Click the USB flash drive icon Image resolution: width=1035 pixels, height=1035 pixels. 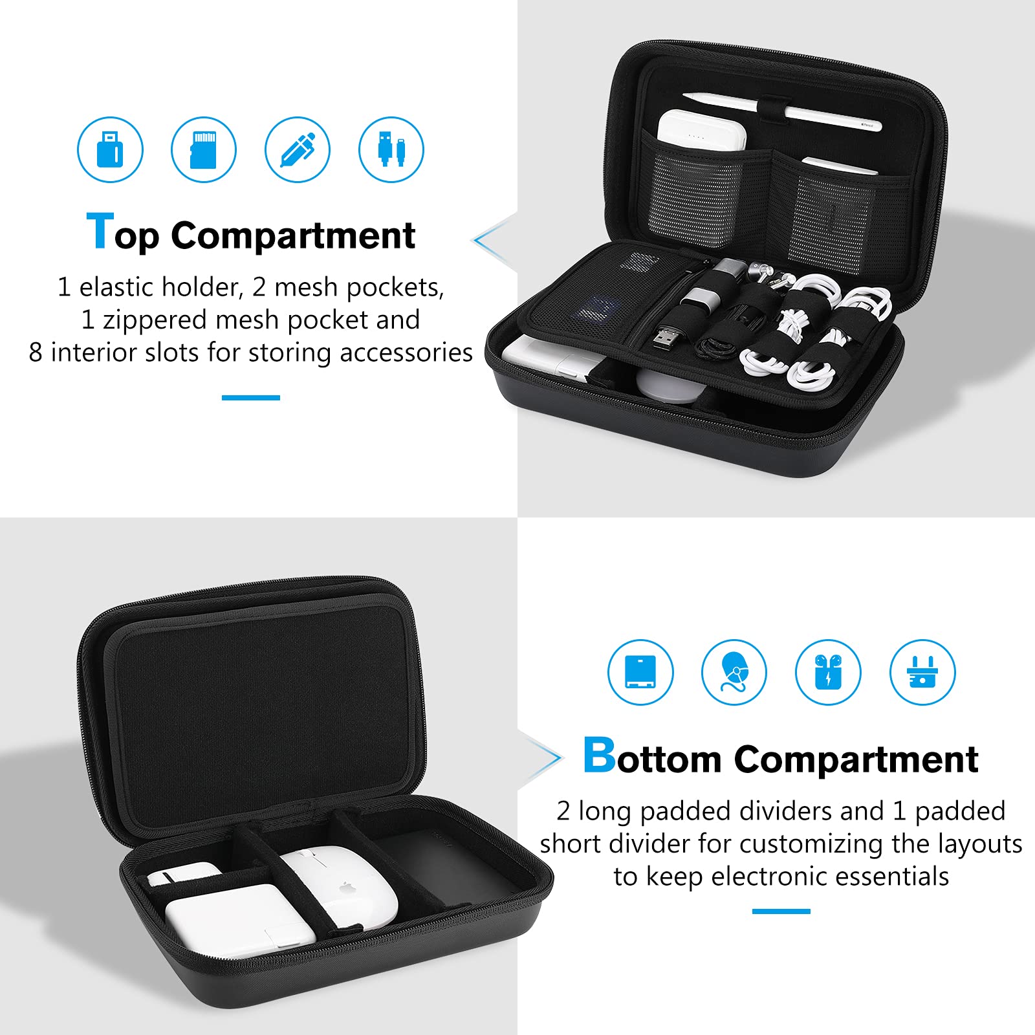coord(110,149)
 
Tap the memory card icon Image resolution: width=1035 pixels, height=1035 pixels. coord(204,149)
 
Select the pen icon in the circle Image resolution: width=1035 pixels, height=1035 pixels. coord(298,149)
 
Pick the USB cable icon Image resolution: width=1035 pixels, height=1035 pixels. coord(391,149)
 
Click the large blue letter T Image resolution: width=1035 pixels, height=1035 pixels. coord(100,231)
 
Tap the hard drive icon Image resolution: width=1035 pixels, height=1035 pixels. coord(640,672)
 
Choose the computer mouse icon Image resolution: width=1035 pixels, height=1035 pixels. coord(734,672)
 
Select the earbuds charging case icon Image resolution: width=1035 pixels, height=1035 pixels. coord(828,672)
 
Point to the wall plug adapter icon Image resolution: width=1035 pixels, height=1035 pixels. coord(922,672)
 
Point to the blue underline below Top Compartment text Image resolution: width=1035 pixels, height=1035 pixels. coord(251,397)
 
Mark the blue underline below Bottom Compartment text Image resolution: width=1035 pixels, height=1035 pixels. coord(781,911)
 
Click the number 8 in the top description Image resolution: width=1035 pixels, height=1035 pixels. coord(36,353)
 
